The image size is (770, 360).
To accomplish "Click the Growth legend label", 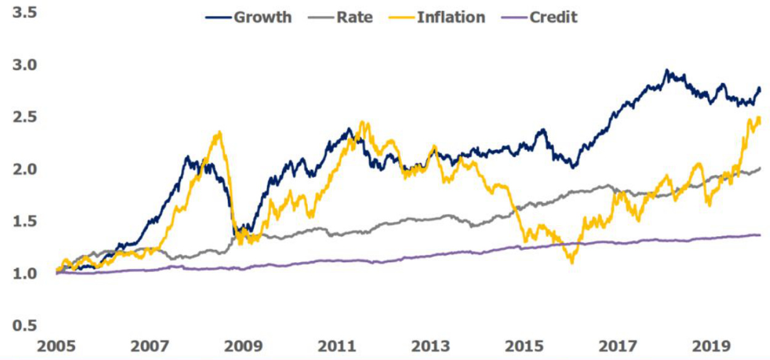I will coord(262,17).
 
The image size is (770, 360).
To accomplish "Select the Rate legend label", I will coord(354,17).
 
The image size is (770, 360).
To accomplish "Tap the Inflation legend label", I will coord(451,17).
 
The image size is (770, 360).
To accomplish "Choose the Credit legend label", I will coord(553,17).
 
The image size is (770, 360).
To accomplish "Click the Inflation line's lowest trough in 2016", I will coord(572,263).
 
